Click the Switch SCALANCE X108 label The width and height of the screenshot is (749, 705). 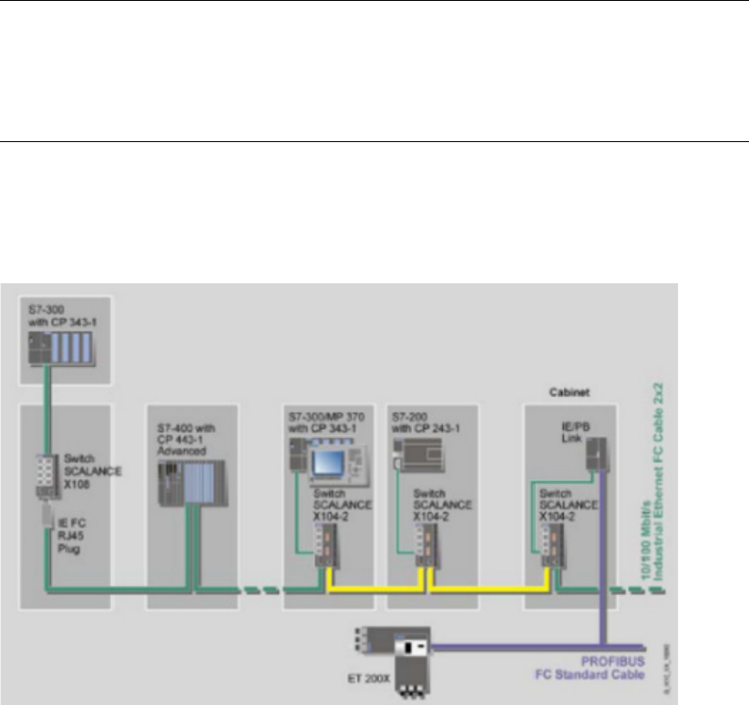pyautogui.click(x=88, y=473)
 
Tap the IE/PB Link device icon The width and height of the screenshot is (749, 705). pyautogui.click(x=598, y=455)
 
